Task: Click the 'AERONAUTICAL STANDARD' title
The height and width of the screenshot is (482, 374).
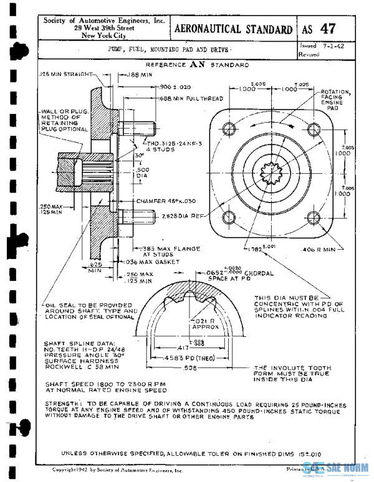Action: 234,29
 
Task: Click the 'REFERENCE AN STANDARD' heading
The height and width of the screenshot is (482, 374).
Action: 196,65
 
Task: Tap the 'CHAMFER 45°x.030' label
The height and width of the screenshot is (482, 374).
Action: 165,202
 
